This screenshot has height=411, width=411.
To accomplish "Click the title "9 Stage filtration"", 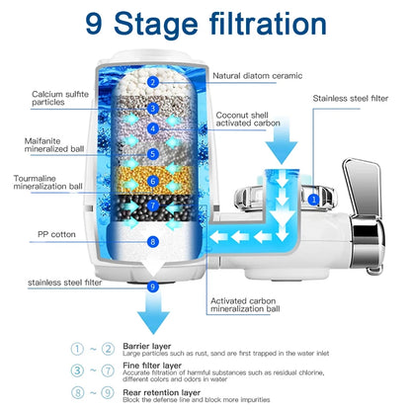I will [205, 23].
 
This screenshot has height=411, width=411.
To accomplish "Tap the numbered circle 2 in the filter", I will [152, 82].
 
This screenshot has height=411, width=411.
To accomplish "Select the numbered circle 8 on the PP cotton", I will [152, 241].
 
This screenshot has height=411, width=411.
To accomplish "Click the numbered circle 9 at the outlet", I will [152, 287].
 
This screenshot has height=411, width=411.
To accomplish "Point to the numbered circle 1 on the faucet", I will [313, 199].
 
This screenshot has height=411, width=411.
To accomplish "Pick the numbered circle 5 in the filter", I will [152, 153].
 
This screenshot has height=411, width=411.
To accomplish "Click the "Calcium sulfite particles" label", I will [54, 100].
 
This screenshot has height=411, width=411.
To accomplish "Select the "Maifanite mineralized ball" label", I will [53, 145].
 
